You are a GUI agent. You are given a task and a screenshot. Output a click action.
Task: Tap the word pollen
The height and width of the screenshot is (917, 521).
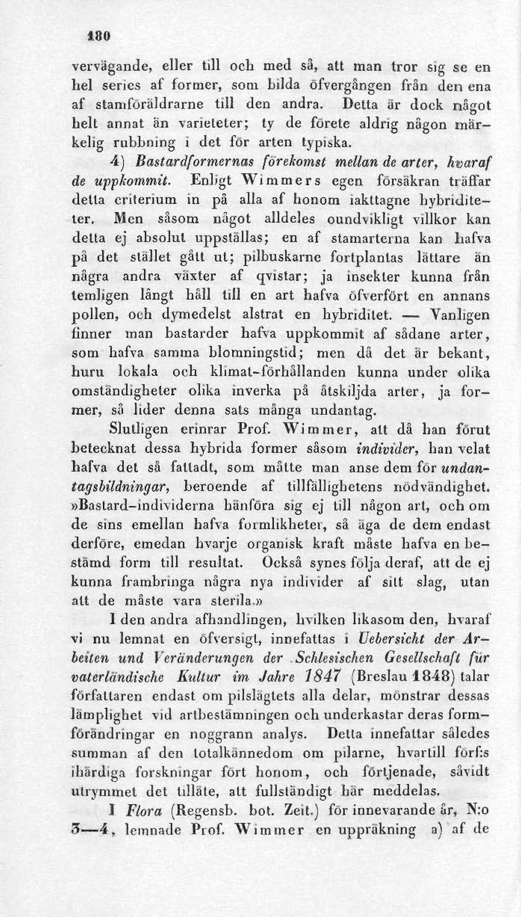coord(95,316)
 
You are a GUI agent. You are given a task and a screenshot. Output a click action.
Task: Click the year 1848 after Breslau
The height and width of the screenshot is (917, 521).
coord(428,678)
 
